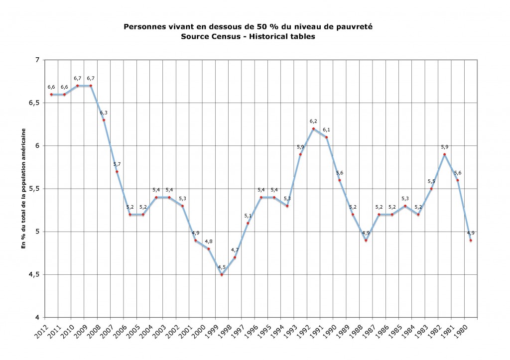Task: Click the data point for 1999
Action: [222, 274]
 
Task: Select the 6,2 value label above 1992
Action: [313, 121]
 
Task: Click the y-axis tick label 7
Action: [37, 60]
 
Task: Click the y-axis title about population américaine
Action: [23, 189]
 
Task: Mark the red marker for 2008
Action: [104, 120]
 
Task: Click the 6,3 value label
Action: [104, 113]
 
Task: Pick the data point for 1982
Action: [444, 154]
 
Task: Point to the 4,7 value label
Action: [235, 249]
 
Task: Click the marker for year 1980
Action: [471, 240]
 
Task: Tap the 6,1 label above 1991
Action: [326, 129]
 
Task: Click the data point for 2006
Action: [130, 215]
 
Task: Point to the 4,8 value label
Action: [209, 241]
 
